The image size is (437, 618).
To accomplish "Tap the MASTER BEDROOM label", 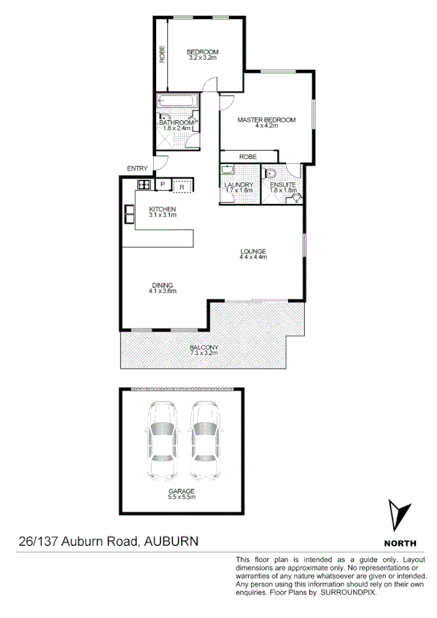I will pos(266,120).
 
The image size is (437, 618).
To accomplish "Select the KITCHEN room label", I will pos(163,211).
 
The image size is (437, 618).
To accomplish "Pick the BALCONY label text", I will pos(204,348).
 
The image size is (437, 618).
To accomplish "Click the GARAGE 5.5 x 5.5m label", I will pos(182,493).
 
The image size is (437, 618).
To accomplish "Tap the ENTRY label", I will pos(136,168).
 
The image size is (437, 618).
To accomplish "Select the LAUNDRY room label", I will pos(239,185).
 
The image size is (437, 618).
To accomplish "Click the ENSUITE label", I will pos(282,185).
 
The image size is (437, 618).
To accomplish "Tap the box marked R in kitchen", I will pos(182,187).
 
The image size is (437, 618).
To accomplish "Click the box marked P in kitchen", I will pos(162,185).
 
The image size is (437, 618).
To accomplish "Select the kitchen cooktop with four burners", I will pos(143,185).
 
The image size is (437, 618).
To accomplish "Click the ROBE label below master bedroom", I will pos(248,156).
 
